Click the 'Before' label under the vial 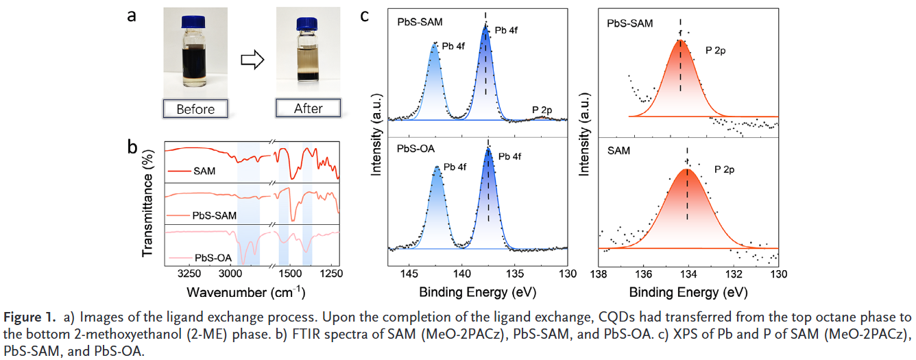coord(195,109)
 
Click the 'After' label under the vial coord(309,108)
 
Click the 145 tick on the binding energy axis coord(409,274)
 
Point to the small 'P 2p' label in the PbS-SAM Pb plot coord(543,110)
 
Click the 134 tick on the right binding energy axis coord(688,274)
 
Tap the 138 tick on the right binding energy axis coord(599,274)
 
